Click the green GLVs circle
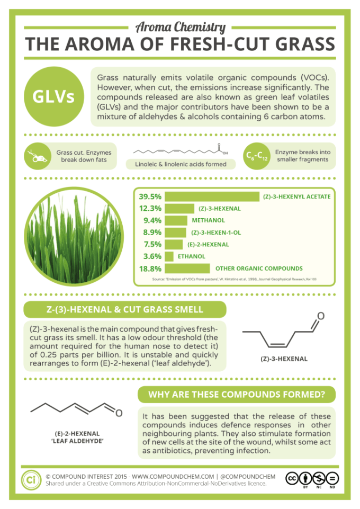pos(53,96)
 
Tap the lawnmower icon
pos(35,156)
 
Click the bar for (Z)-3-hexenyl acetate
pos(212,197)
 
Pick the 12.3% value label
pos(150,209)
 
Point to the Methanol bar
pos(176,220)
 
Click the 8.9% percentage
pos(150,233)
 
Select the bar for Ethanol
pos(169,256)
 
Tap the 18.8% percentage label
pos(150,269)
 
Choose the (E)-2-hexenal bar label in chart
pos(209,245)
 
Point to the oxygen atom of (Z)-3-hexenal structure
pos(321,317)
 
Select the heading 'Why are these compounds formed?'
pos(236,395)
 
